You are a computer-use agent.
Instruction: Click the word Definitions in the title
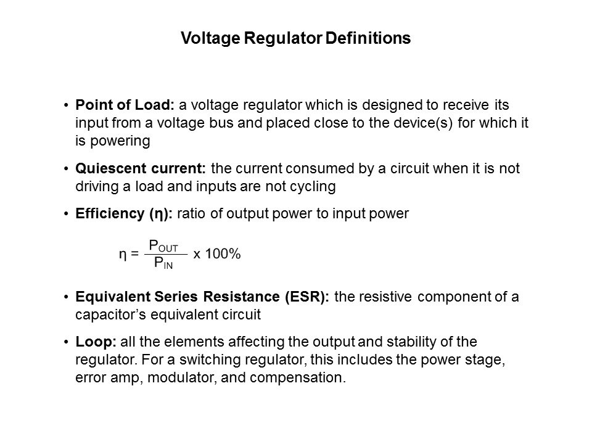click(368, 38)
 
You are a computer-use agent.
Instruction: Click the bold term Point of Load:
click(125, 105)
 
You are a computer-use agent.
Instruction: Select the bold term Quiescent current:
click(141, 168)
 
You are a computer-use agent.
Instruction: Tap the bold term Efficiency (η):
click(124, 214)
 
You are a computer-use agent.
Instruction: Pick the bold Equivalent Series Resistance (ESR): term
click(202, 297)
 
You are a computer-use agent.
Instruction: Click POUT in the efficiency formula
click(163, 246)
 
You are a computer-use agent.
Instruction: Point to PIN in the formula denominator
click(163, 263)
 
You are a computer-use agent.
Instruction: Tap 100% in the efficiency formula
click(223, 253)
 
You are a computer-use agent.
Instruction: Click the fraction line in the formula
click(166, 255)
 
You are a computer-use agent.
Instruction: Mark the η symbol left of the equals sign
click(123, 255)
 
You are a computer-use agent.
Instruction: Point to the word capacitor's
click(110, 315)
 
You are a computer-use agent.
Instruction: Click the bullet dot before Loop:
click(67, 342)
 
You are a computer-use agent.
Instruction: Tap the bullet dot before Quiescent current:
click(67, 169)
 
